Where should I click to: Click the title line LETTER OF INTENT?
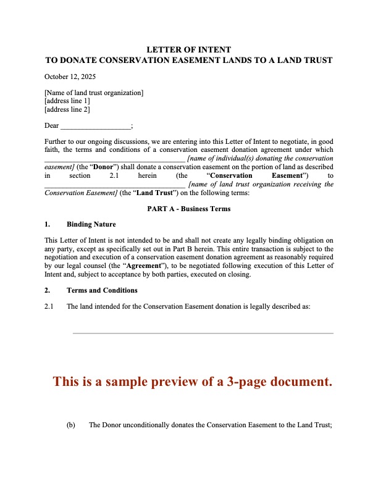pyautogui.click(x=188, y=49)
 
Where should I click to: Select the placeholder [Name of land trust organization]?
pyautogui.click(x=94, y=93)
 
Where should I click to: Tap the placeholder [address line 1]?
pyautogui.click(x=67, y=101)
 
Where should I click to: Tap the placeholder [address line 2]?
pyautogui.click(x=67, y=109)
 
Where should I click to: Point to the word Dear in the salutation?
pyautogui.click(x=52, y=125)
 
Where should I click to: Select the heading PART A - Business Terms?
pyautogui.click(x=188, y=209)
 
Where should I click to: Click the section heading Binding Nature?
pyautogui.click(x=91, y=224)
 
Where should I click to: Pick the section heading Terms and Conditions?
pyautogui.click(x=102, y=290)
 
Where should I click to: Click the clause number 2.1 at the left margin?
pyautogui.click(x=49, y=306)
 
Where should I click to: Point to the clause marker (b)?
pyautogui.click(x=71, y=425)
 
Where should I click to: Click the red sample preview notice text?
pyautogui.click(x=193, y=382)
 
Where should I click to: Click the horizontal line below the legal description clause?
pyautogui.click(x=203, y=333)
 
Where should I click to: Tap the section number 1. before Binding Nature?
pyautogui.click(x=48, y=224)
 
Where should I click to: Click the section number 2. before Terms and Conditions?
pyautogui.click(x=48, y=290)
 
